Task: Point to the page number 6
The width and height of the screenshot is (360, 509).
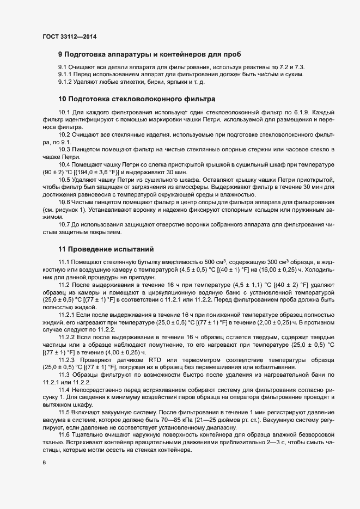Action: pyautogui.click(x=44, y=463)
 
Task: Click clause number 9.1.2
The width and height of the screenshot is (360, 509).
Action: pyautogui.click(x=66, y=82)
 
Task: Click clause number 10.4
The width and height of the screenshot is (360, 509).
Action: pyautogui.click(x=64, y=164)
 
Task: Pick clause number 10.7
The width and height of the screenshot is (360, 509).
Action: pyautogui.click(x=64, y=224)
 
